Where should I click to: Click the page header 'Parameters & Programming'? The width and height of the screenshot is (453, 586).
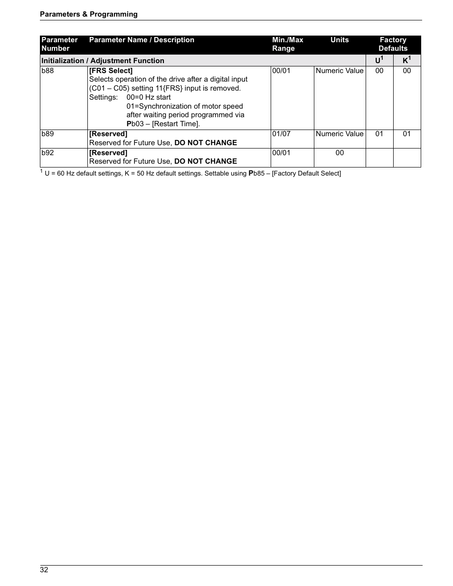click(x=89, y=14)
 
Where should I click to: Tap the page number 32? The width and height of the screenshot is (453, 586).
click(x=44, y=570)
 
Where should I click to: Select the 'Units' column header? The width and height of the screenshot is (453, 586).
click(x=340, y=40)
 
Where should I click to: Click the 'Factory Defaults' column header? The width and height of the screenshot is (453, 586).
click(x=393, y=44)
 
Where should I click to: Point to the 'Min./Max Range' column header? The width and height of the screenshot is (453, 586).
click(x=287, y=44)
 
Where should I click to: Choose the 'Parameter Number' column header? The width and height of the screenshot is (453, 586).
click(x=59, y=44)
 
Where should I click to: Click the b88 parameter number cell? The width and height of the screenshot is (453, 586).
click(x=47, y=71)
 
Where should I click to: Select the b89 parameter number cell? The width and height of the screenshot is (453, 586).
click(x=47, y=134)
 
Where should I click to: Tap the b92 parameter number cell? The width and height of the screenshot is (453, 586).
click(x=47, y=153)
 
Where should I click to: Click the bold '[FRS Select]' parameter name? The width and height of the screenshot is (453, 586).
click(x=111, y=71)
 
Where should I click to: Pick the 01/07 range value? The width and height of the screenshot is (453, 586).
click(x=281, y=134)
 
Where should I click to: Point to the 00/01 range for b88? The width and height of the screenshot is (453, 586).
click(x=281, y=71)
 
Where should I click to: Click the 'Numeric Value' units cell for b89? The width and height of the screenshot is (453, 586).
click(x=340, y=134)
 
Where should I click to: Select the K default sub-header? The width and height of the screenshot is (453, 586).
click(x=406, y=61)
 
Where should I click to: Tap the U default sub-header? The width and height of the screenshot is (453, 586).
click(x=379, y=61)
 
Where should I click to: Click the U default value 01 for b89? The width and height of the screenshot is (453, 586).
click(x=379, y=134)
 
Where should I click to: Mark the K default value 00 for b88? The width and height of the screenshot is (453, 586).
click(x=407, y=71)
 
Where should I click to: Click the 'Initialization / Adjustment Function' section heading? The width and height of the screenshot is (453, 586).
click(x=103, y=61)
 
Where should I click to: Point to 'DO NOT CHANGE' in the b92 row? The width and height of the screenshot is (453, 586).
click(x=206, y=161)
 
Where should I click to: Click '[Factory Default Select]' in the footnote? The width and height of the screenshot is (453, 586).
click(x=306, y=174)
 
